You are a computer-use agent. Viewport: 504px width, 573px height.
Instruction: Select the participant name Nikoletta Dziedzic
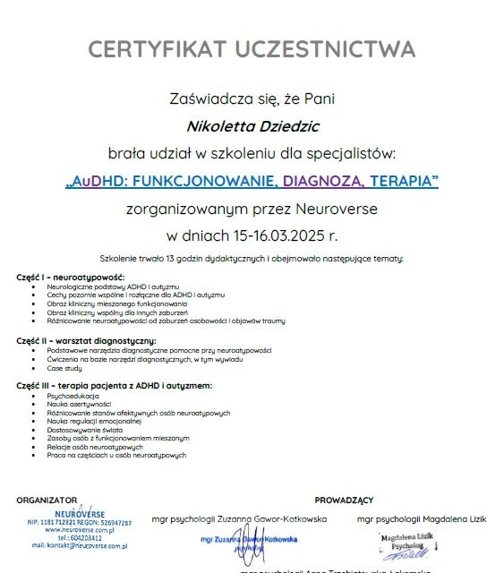[x=252, y=126]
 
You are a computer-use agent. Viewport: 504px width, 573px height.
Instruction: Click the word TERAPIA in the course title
[x=401, y=182]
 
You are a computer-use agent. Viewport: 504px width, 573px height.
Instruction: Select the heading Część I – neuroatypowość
[x=71, y=277]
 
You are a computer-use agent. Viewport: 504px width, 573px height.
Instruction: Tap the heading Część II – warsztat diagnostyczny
[x=87, y=341]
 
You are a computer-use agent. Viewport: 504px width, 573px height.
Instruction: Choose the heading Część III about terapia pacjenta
[x=115, y=385]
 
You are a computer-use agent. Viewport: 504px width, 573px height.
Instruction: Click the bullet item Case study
[x=65, y=368]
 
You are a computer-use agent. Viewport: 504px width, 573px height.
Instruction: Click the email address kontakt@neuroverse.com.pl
[x=80, y=545]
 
